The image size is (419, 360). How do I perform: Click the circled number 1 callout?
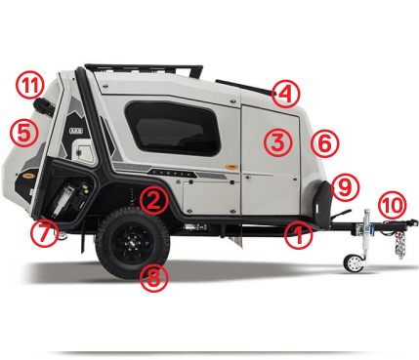[298, 236]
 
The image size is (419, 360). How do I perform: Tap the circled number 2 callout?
[154, 200]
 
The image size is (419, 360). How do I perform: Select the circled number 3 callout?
[277, 142]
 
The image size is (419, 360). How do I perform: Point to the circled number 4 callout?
[285, 94]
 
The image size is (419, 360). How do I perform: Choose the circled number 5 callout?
[24, 133]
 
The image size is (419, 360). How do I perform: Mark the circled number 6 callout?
[324, 143]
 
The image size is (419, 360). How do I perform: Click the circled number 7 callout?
[45, 233]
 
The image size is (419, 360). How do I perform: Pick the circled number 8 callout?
[154, 278]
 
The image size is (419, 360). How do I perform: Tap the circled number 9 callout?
[346, 187]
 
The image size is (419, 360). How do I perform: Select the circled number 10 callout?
[393, 205]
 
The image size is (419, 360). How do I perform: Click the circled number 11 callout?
[29, 85]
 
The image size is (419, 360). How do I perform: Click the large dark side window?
[173, 129]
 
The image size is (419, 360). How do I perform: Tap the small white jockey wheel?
[354, 263]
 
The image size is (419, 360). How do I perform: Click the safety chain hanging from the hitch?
[399, 245]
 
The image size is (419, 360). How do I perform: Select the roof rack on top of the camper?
[144, 70]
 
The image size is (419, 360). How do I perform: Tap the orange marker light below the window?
[231, 167]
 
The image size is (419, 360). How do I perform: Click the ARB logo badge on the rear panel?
[76, 131]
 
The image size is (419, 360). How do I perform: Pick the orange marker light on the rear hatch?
[28, 176]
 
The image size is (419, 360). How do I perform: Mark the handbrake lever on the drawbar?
[340, 215]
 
